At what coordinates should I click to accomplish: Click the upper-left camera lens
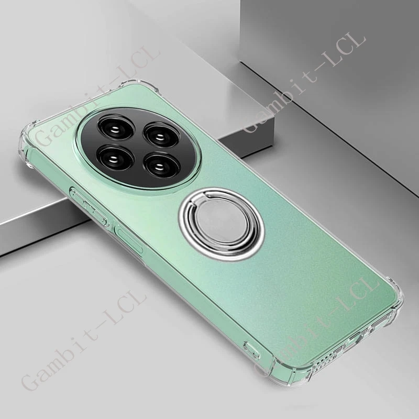[111, 127]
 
